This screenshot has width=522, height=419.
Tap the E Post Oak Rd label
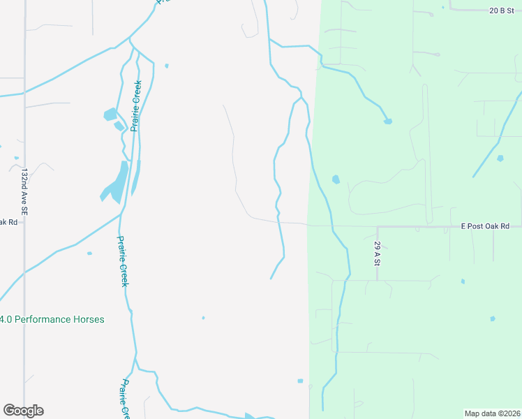[485, 226]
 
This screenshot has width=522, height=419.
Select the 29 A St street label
[377, 253]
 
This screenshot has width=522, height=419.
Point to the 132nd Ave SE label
[24, 191]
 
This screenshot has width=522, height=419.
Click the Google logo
[23, 411]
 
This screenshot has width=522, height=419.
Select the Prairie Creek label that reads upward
[136, 105]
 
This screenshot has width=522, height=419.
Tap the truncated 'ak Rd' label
[8, 222]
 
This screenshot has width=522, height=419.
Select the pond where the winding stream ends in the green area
[388, 122]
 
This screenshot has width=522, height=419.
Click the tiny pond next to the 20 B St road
[442, 8]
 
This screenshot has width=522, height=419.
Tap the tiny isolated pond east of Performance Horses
[203, 318]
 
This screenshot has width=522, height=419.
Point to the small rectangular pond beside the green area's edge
[300, 381]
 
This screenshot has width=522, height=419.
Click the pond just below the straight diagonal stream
[500, 159]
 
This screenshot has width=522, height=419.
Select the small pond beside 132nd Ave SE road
[15, 158]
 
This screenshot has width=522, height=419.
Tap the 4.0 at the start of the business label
[6, 319]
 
